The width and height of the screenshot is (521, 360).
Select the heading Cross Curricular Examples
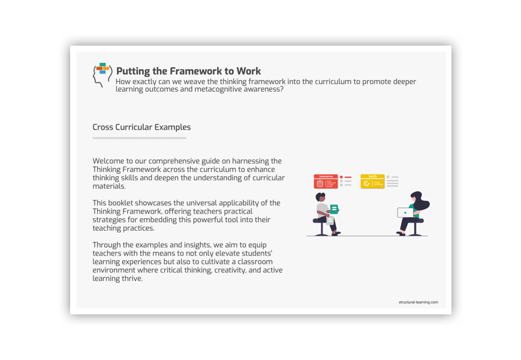(x=141, y=127)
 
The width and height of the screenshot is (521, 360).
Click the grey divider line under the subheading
(x=139, y=138)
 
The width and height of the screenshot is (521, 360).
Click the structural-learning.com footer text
(x=418, y=302)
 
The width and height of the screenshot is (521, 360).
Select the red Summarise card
(x=326, y=181)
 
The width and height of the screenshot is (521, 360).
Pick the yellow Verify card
(x=372, y=181)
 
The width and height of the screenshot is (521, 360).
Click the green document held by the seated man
(x=334, y=209)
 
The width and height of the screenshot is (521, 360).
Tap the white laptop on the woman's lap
(x=405, y=212)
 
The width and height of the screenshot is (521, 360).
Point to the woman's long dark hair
(x=421, y=202)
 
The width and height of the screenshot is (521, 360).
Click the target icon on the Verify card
(x=366, y=184)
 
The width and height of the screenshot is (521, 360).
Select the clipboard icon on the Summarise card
(x=320, y=184)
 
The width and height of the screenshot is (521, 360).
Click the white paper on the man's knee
(x=330, y=221)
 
